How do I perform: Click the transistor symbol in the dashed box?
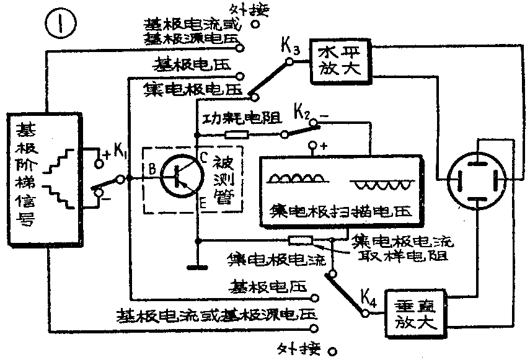point(180,176)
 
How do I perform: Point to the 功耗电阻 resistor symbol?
point(236,134)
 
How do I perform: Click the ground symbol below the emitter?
point(198,268)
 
